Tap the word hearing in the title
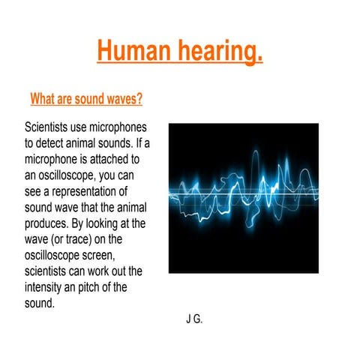click(219, 52)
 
